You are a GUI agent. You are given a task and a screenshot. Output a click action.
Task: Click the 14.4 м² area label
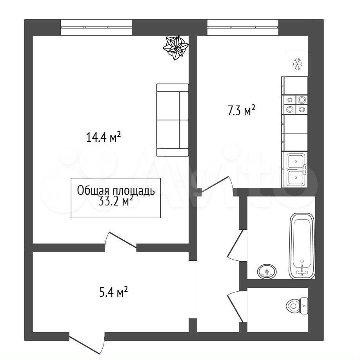coord(103,137)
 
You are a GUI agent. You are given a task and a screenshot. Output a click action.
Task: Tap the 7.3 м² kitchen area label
coord(241,111)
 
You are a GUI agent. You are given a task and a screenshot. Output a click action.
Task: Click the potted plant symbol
coord(176,48)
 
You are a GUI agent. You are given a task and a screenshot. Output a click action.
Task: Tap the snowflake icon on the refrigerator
coord(298,64)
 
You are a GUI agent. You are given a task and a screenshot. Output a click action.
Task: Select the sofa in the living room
coord(173,120)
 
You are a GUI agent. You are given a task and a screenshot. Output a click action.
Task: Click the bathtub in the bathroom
coord(302,246)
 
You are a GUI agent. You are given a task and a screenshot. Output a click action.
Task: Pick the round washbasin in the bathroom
coord(267,271)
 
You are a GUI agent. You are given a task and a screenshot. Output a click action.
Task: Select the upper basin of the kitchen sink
coord(296,161)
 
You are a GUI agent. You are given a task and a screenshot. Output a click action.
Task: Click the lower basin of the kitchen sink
coord(296,178)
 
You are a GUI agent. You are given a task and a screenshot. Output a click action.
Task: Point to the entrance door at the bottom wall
coord(87,343)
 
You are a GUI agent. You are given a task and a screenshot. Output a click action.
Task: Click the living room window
coord(96,27)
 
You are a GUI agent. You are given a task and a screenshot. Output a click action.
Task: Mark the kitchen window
coord(243,27)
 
